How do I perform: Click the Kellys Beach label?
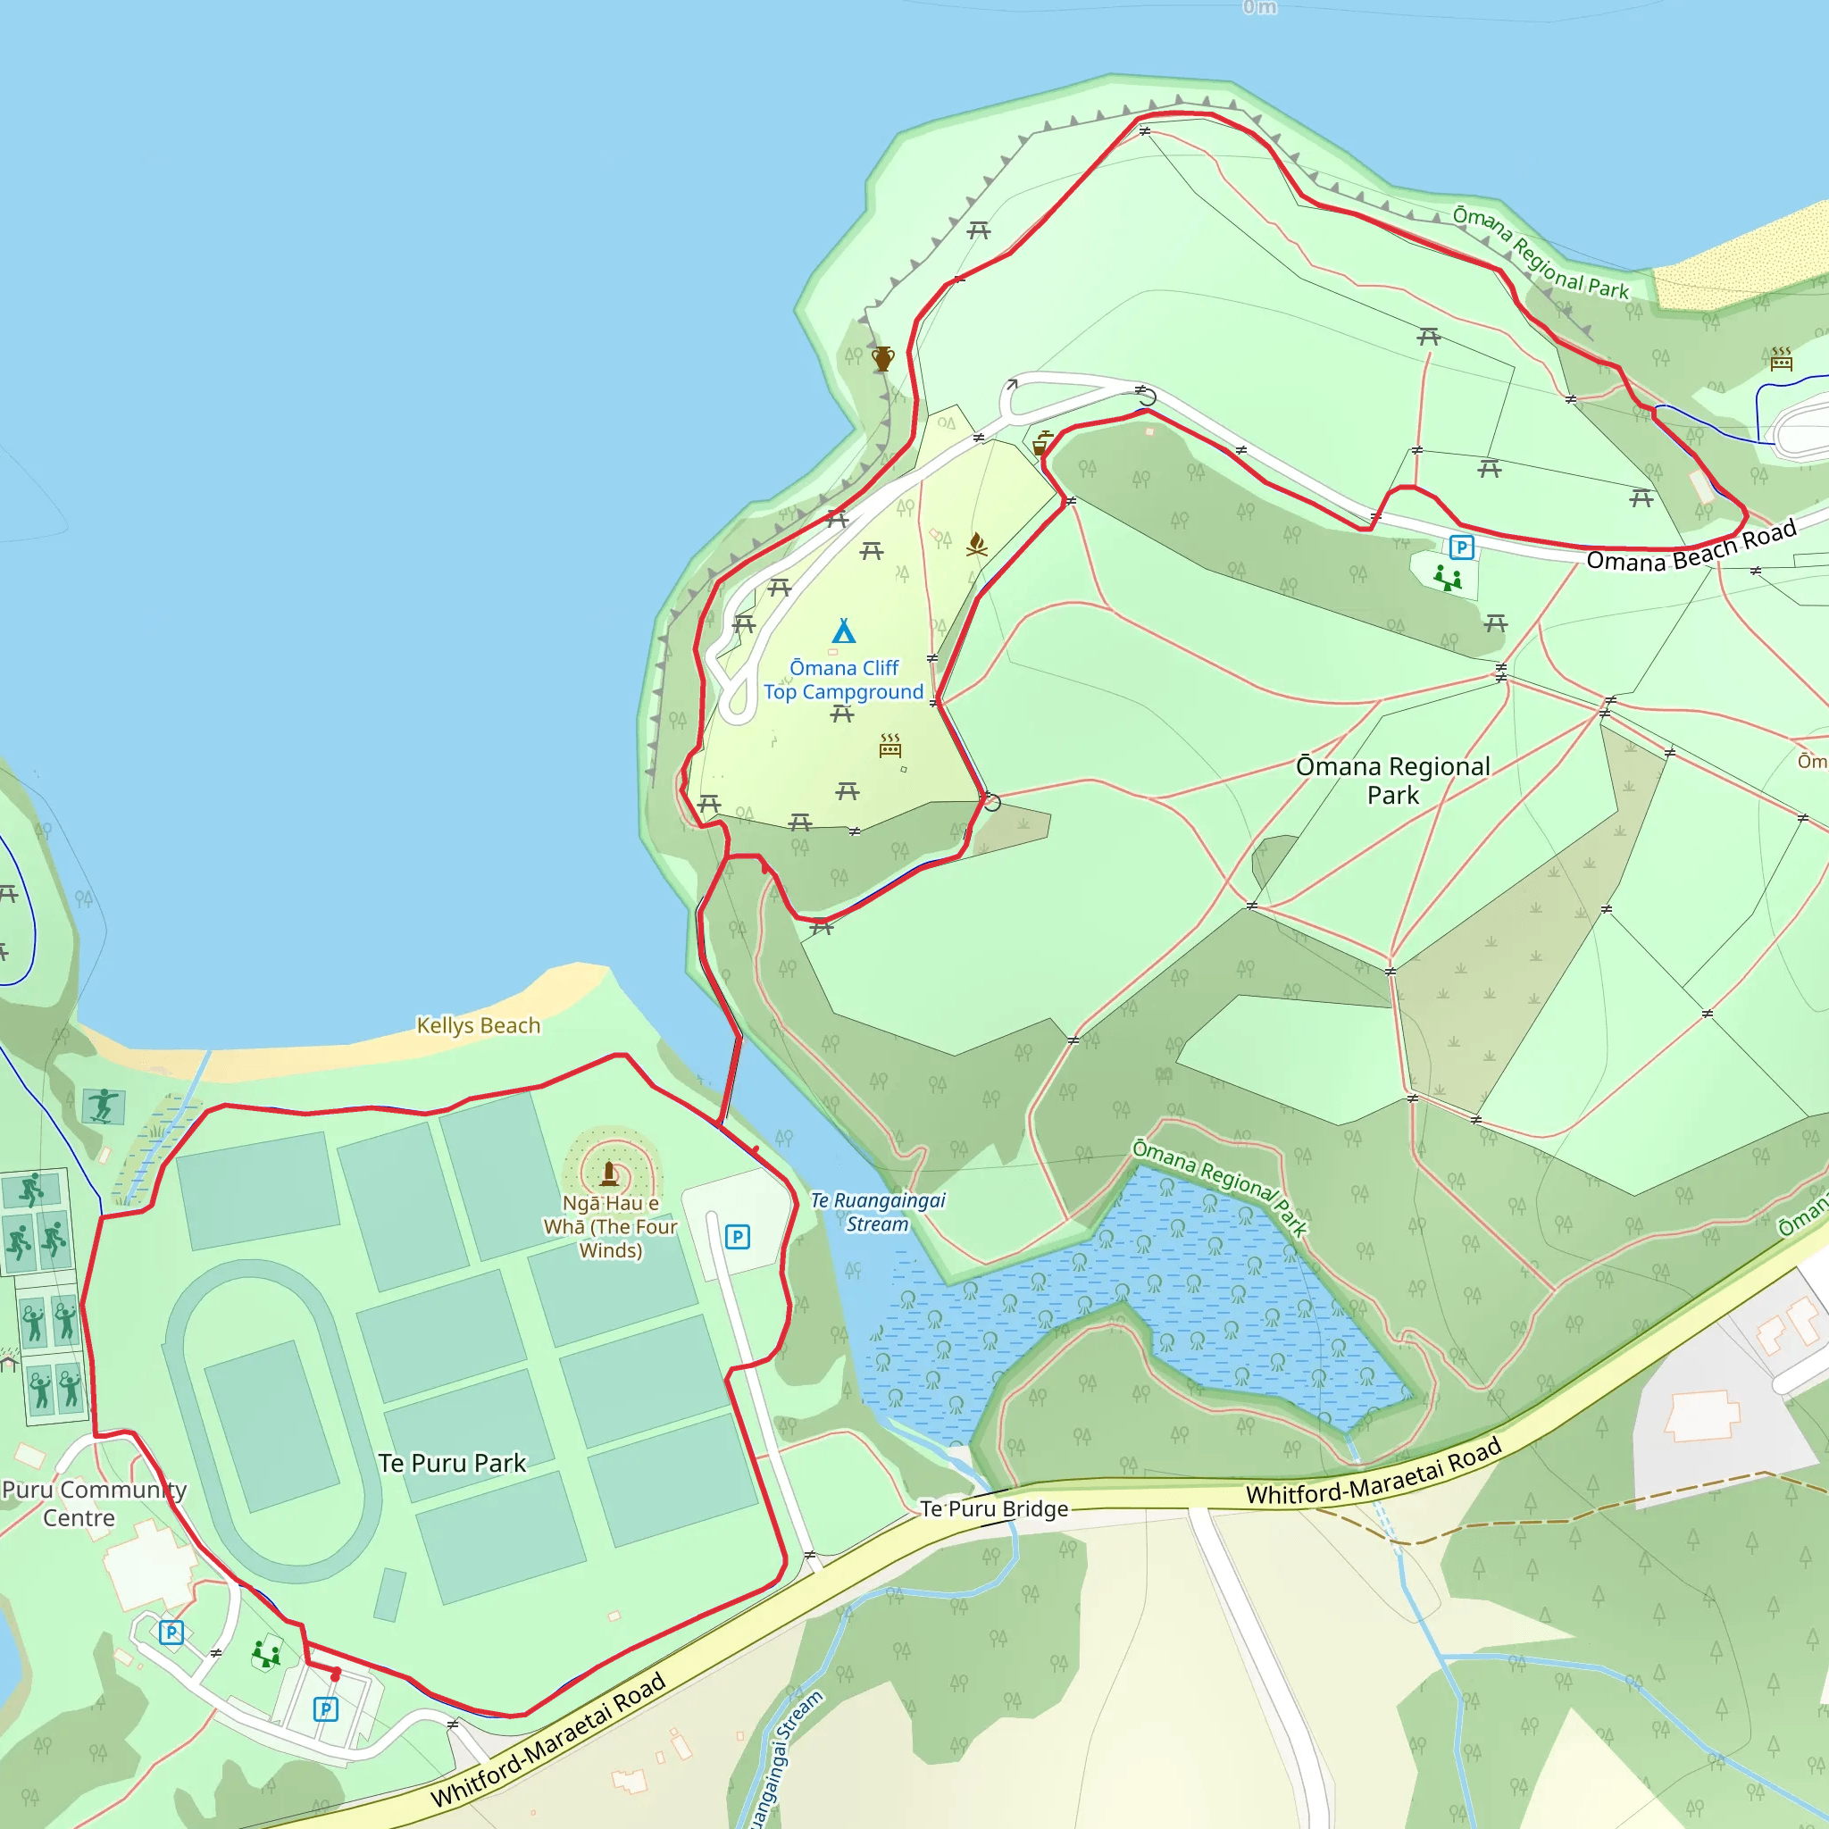coord(478,1025)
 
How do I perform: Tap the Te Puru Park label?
coord(452,1463)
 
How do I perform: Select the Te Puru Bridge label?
coord(994,1508)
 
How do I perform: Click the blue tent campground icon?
coord(843,631)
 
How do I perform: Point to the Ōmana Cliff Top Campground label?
coord(843,680)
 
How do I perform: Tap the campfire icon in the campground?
coord(977,545)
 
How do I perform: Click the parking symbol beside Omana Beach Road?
coord(1461,547)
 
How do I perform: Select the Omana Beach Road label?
coord(1691,548)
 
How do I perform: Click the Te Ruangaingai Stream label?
coord(878,1212)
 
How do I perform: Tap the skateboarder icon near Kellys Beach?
coord(104,1106)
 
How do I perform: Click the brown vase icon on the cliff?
coord(883,359)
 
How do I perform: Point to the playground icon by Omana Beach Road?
coord(1447,577)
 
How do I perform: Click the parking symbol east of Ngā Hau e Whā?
coord(738,1236)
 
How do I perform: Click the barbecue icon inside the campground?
coord(889,746)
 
